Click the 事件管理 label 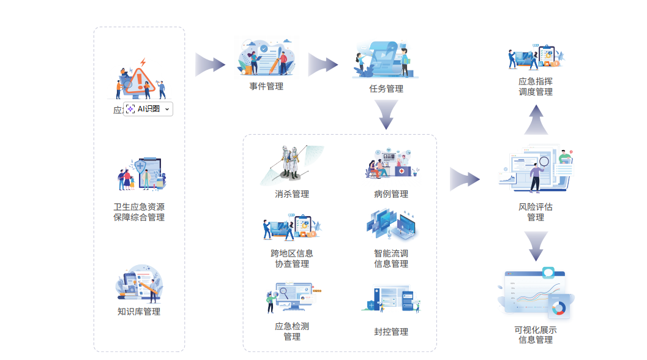click(266, 86)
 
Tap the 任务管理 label click(386, 89)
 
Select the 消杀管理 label click(292, 194)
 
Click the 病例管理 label click(391, 194)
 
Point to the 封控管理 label click(391, 332)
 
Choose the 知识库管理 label click(139, 312)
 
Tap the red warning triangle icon click(140, 80)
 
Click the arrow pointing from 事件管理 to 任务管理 click(323, 65)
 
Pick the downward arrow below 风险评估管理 click(536, 246)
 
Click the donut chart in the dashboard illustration click(558, 307)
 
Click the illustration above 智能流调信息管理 click(392, 225)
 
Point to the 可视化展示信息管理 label click(536, 335)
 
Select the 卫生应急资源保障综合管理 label click(139, 212)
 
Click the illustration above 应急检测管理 click(292, 298)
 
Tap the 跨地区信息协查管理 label click(292, 258)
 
